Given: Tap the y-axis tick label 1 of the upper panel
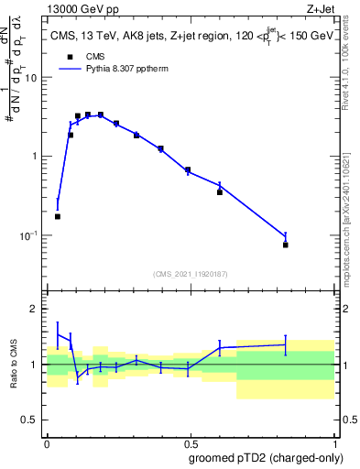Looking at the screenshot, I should (37, 157).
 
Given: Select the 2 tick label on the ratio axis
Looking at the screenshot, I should (37, 309).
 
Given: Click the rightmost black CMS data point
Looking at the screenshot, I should (286, 245).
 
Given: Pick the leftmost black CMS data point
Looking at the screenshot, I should (58, 217).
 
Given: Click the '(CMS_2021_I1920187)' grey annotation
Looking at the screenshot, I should (190, 273).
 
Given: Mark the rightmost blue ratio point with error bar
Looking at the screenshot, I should (286, 344).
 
